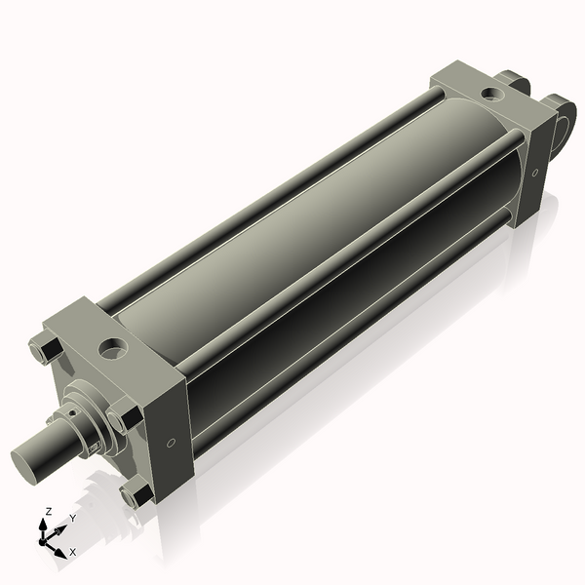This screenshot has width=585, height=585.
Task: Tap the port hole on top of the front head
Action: tap(114, 347)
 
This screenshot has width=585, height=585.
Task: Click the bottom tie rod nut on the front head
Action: tap(136, 494)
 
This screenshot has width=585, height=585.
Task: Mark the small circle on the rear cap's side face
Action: tap(534, 171)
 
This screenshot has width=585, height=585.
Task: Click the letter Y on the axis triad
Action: tap(72, 520)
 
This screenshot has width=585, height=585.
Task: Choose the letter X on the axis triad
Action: tap(72, 552)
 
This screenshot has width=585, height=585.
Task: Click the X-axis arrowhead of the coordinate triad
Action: tap(60, 547)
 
